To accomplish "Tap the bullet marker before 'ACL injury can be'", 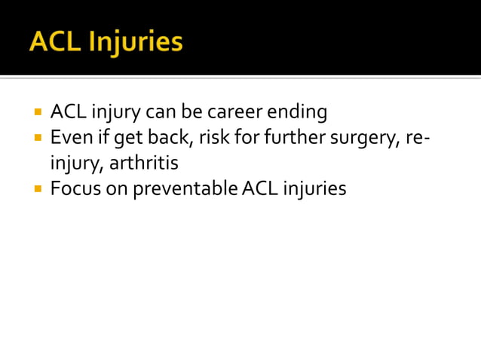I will click(x=36, y=112).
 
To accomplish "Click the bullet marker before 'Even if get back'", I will click(x=36, y=137).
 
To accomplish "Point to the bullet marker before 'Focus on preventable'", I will click(x=36, y=188).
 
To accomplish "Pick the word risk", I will click(x=215, y=138).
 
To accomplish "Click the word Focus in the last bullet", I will click(x=72, y=188).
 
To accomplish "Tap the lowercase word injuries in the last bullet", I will click(x=314, y=188).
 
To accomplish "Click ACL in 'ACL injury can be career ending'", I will click(x=66, y=113).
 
